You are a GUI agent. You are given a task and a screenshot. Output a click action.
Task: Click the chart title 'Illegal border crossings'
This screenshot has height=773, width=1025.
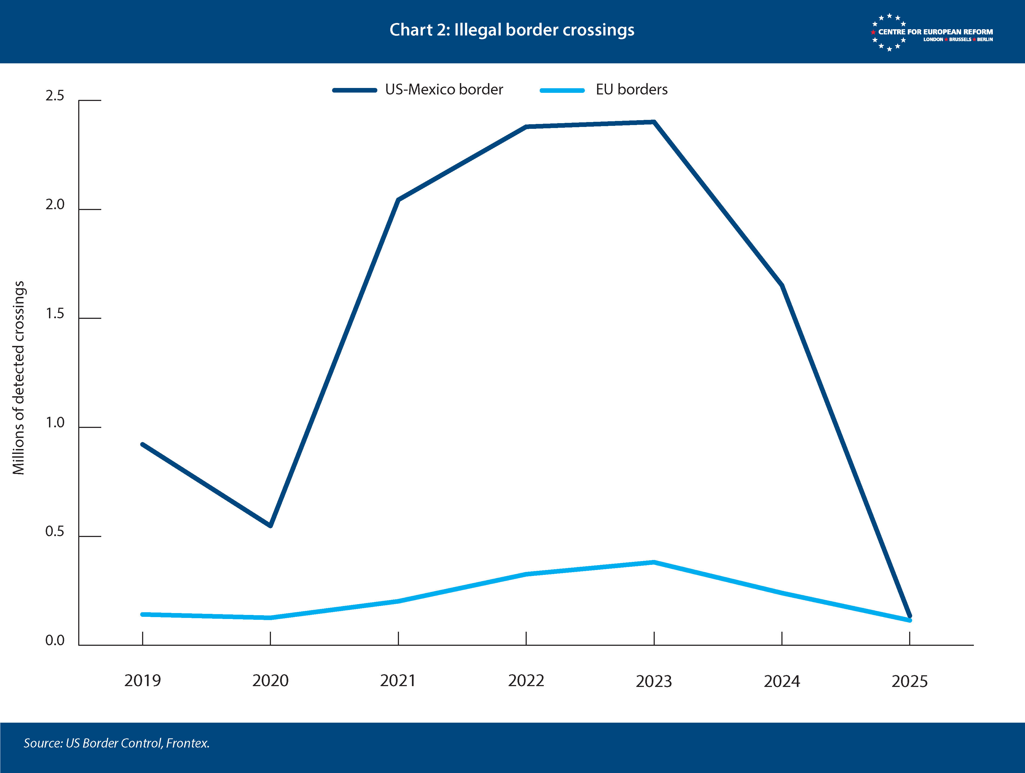(x=512, y=30)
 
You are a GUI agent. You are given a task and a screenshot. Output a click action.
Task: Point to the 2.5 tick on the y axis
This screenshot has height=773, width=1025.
(x=55, y=96)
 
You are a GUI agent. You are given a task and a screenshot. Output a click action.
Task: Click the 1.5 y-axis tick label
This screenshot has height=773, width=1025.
(x=55, y=314)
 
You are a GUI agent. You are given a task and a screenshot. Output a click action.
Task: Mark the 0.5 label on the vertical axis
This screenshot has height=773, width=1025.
(x=55, y=532)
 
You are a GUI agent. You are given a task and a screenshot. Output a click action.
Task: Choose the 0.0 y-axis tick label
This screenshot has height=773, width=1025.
(x=55, y=640)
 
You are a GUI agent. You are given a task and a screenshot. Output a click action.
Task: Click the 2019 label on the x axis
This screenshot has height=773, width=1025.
(x=142, y=680)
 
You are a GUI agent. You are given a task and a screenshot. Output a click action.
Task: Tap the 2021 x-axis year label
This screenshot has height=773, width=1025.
(x=398, y=680)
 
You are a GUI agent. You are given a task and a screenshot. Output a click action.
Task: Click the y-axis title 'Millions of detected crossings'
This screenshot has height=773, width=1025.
(x=18, y=378)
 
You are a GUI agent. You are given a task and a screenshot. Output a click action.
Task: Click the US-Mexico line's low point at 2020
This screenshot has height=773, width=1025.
(x=270, y=526)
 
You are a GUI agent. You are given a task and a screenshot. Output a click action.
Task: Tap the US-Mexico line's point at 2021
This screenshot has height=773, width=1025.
(x=398, y=200)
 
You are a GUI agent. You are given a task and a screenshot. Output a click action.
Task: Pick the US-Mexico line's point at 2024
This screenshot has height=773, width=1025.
(x=782, y=286)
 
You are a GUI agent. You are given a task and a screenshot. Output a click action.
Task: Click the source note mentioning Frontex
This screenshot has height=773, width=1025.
(x=117, y=743)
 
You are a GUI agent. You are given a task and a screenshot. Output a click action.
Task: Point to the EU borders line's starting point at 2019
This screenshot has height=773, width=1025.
(x=142, y=614)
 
